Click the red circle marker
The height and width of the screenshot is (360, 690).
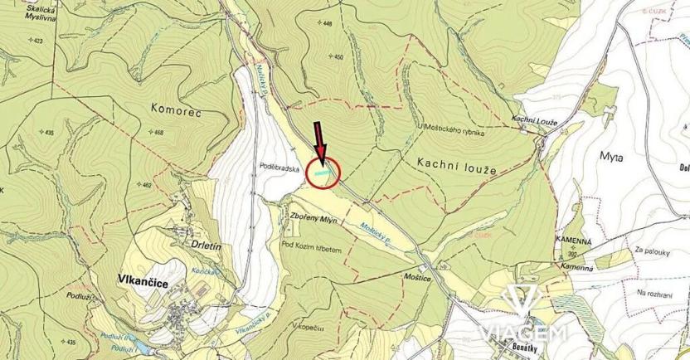[323, 173]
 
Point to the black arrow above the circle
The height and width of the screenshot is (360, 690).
[318, 136]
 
